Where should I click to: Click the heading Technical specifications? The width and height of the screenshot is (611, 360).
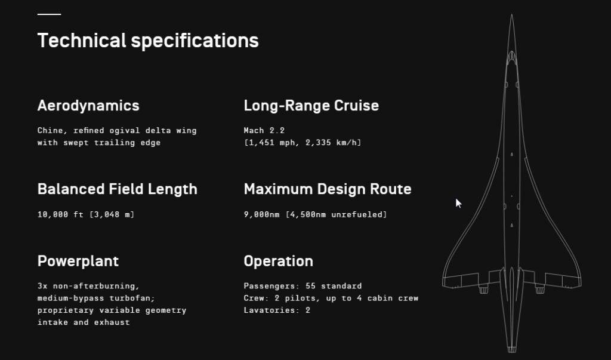(x=148, y=41)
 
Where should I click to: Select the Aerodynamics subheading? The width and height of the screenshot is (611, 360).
(x=88, y=106)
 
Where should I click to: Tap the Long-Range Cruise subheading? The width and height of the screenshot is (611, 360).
(x=311, y=106)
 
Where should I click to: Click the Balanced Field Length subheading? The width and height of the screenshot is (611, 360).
(x=118, y=190)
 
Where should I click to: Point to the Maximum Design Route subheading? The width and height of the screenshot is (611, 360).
(x=328, y=189)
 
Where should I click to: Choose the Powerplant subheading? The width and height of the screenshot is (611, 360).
(x=78, y=261)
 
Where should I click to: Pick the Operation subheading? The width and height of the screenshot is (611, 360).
(x=278, y=261)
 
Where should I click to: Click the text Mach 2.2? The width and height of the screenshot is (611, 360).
(x=264, y=130)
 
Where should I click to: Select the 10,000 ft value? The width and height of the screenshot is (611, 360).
(x=60, y=214)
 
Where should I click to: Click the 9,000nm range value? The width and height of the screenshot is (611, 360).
(x=261, y=214)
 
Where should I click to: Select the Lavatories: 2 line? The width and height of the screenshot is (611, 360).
(x=277, y=310)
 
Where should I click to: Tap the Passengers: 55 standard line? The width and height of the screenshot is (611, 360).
(x=303, y=287)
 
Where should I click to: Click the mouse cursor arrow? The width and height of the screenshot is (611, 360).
(x=458, y=203)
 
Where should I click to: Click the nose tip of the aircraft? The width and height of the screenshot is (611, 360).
(x=511, y=15)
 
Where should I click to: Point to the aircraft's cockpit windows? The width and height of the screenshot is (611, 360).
(x=511, y=59)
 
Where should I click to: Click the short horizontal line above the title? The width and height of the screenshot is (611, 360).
(x=49, y=14)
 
